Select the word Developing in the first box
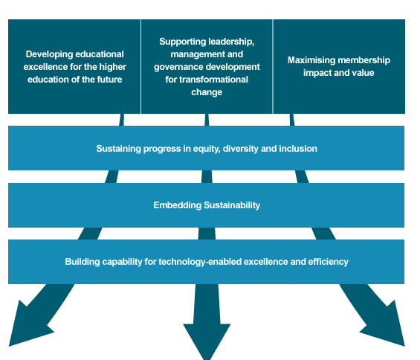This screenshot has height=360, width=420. click(48, 54)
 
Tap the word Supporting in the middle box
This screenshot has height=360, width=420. click(182, 41)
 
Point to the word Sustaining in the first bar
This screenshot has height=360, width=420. click(118, 149)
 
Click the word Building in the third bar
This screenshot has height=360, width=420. click(82, 262)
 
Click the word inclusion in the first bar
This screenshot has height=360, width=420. click(298, 149)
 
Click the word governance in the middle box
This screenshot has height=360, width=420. click(178, 67)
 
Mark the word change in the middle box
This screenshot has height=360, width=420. click(207, 92)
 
